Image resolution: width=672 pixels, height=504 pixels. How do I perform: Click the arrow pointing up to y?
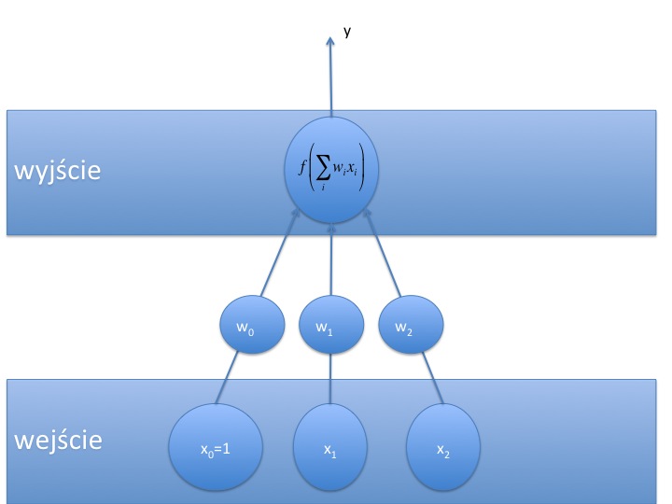331,75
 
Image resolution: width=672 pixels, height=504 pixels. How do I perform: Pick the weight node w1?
329,328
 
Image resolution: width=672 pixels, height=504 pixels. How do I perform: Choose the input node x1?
330,449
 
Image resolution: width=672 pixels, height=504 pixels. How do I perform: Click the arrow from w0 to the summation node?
275,256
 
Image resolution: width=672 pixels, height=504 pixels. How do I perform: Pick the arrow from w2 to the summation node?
385,256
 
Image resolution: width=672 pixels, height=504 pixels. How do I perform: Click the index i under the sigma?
322,188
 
